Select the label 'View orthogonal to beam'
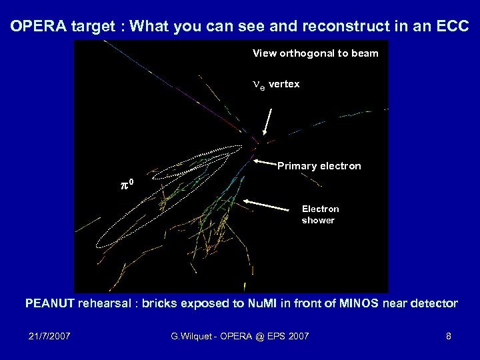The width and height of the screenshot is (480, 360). [315, 53]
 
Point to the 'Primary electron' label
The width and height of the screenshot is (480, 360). [319, 166]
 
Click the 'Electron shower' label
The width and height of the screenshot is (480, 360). [320, 215]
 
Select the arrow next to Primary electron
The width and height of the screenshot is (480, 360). [265, 162]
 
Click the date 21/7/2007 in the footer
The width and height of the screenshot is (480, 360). [49, 336]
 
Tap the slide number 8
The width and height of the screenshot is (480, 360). [448, 336]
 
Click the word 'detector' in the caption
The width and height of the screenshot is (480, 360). [435, 304]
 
